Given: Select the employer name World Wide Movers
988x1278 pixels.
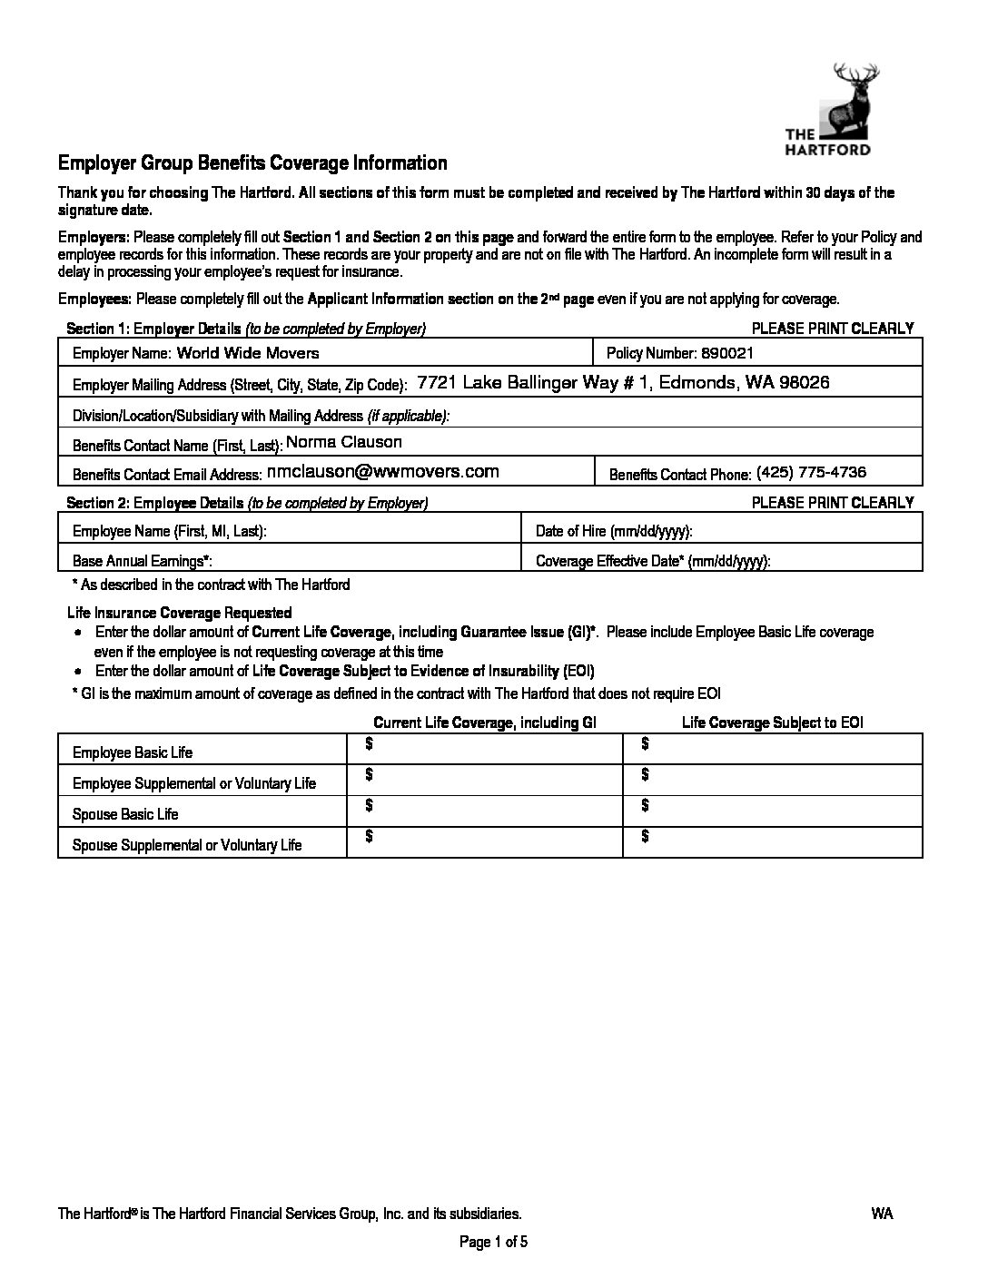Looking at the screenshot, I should coord(248,353).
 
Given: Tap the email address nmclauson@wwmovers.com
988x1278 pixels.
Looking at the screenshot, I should coord(383,472).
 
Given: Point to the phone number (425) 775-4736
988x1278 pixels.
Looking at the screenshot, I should coord(811,472).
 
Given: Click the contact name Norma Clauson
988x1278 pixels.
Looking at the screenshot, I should coord(344,443).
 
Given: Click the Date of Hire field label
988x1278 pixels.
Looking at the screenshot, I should coord(614,532).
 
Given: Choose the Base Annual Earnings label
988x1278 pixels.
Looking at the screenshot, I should coord(142,562).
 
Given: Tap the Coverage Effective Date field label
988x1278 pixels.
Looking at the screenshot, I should coord(653,562).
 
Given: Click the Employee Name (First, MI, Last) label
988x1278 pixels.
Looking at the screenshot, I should coord(169,532).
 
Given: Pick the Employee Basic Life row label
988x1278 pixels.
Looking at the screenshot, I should coord(133,752).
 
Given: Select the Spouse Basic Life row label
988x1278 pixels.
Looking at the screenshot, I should coord(125,814).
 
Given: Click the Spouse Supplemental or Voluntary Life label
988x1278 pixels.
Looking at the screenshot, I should coord(187,845).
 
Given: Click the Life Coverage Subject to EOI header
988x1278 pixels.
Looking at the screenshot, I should coord(772,723).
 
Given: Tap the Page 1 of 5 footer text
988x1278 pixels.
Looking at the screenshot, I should coord(494,1243).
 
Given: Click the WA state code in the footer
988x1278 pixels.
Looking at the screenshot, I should coord(882,1214).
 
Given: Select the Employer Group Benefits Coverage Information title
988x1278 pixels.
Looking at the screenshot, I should coord(252,164).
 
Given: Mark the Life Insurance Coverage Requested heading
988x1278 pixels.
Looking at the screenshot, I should coord(180,613).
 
